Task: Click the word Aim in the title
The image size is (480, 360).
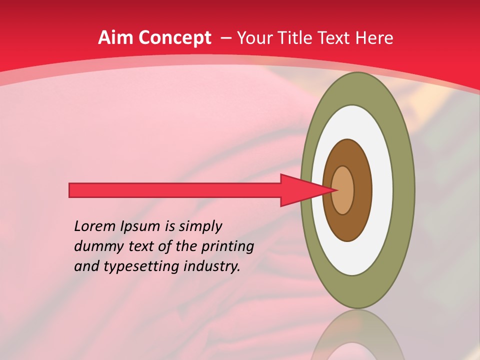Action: [116, 38]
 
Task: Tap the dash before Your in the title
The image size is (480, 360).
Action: [225, 38]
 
